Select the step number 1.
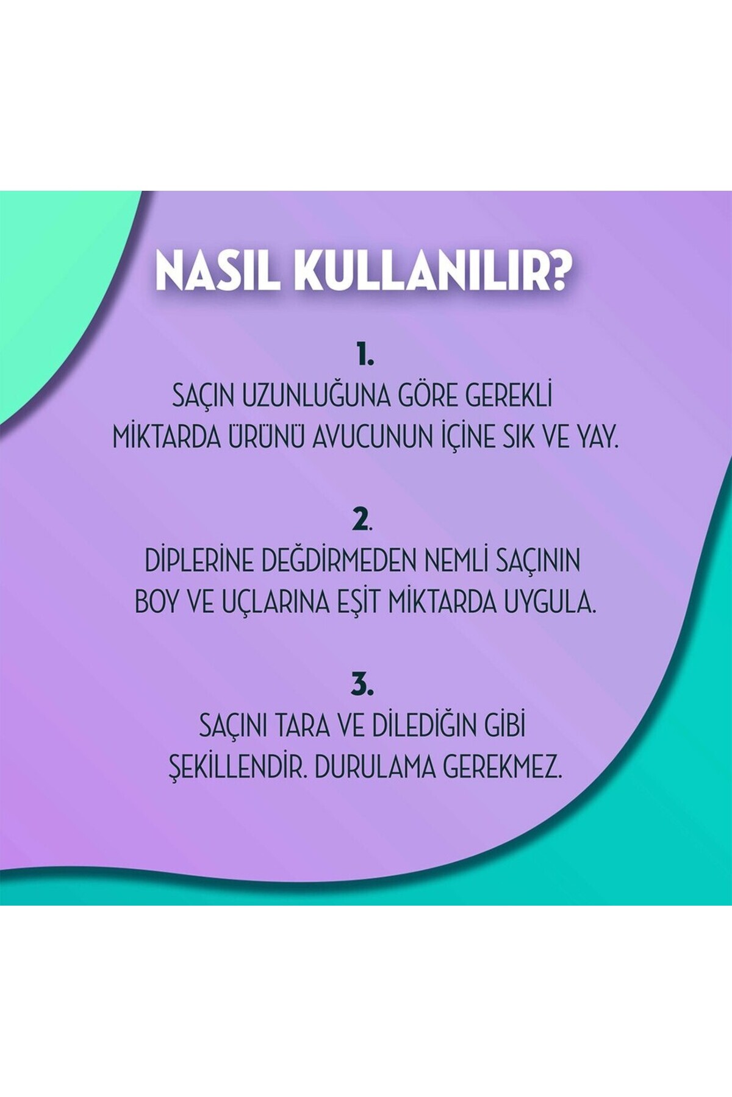pyautogui.click(x=365, y=354)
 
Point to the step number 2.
pyautogui.click(x=362, y=519)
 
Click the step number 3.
pyautogui.click(x=362, y=684)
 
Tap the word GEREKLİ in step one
pyautogui.click(x=509, y=396)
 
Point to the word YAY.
pyautogui.click(x=594, y=437)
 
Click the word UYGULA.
pyautogui.click(x=550, y=602)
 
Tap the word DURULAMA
pyautogui.click(x=373, y=767)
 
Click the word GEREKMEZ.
pyautogui.click(x=502, y=767)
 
